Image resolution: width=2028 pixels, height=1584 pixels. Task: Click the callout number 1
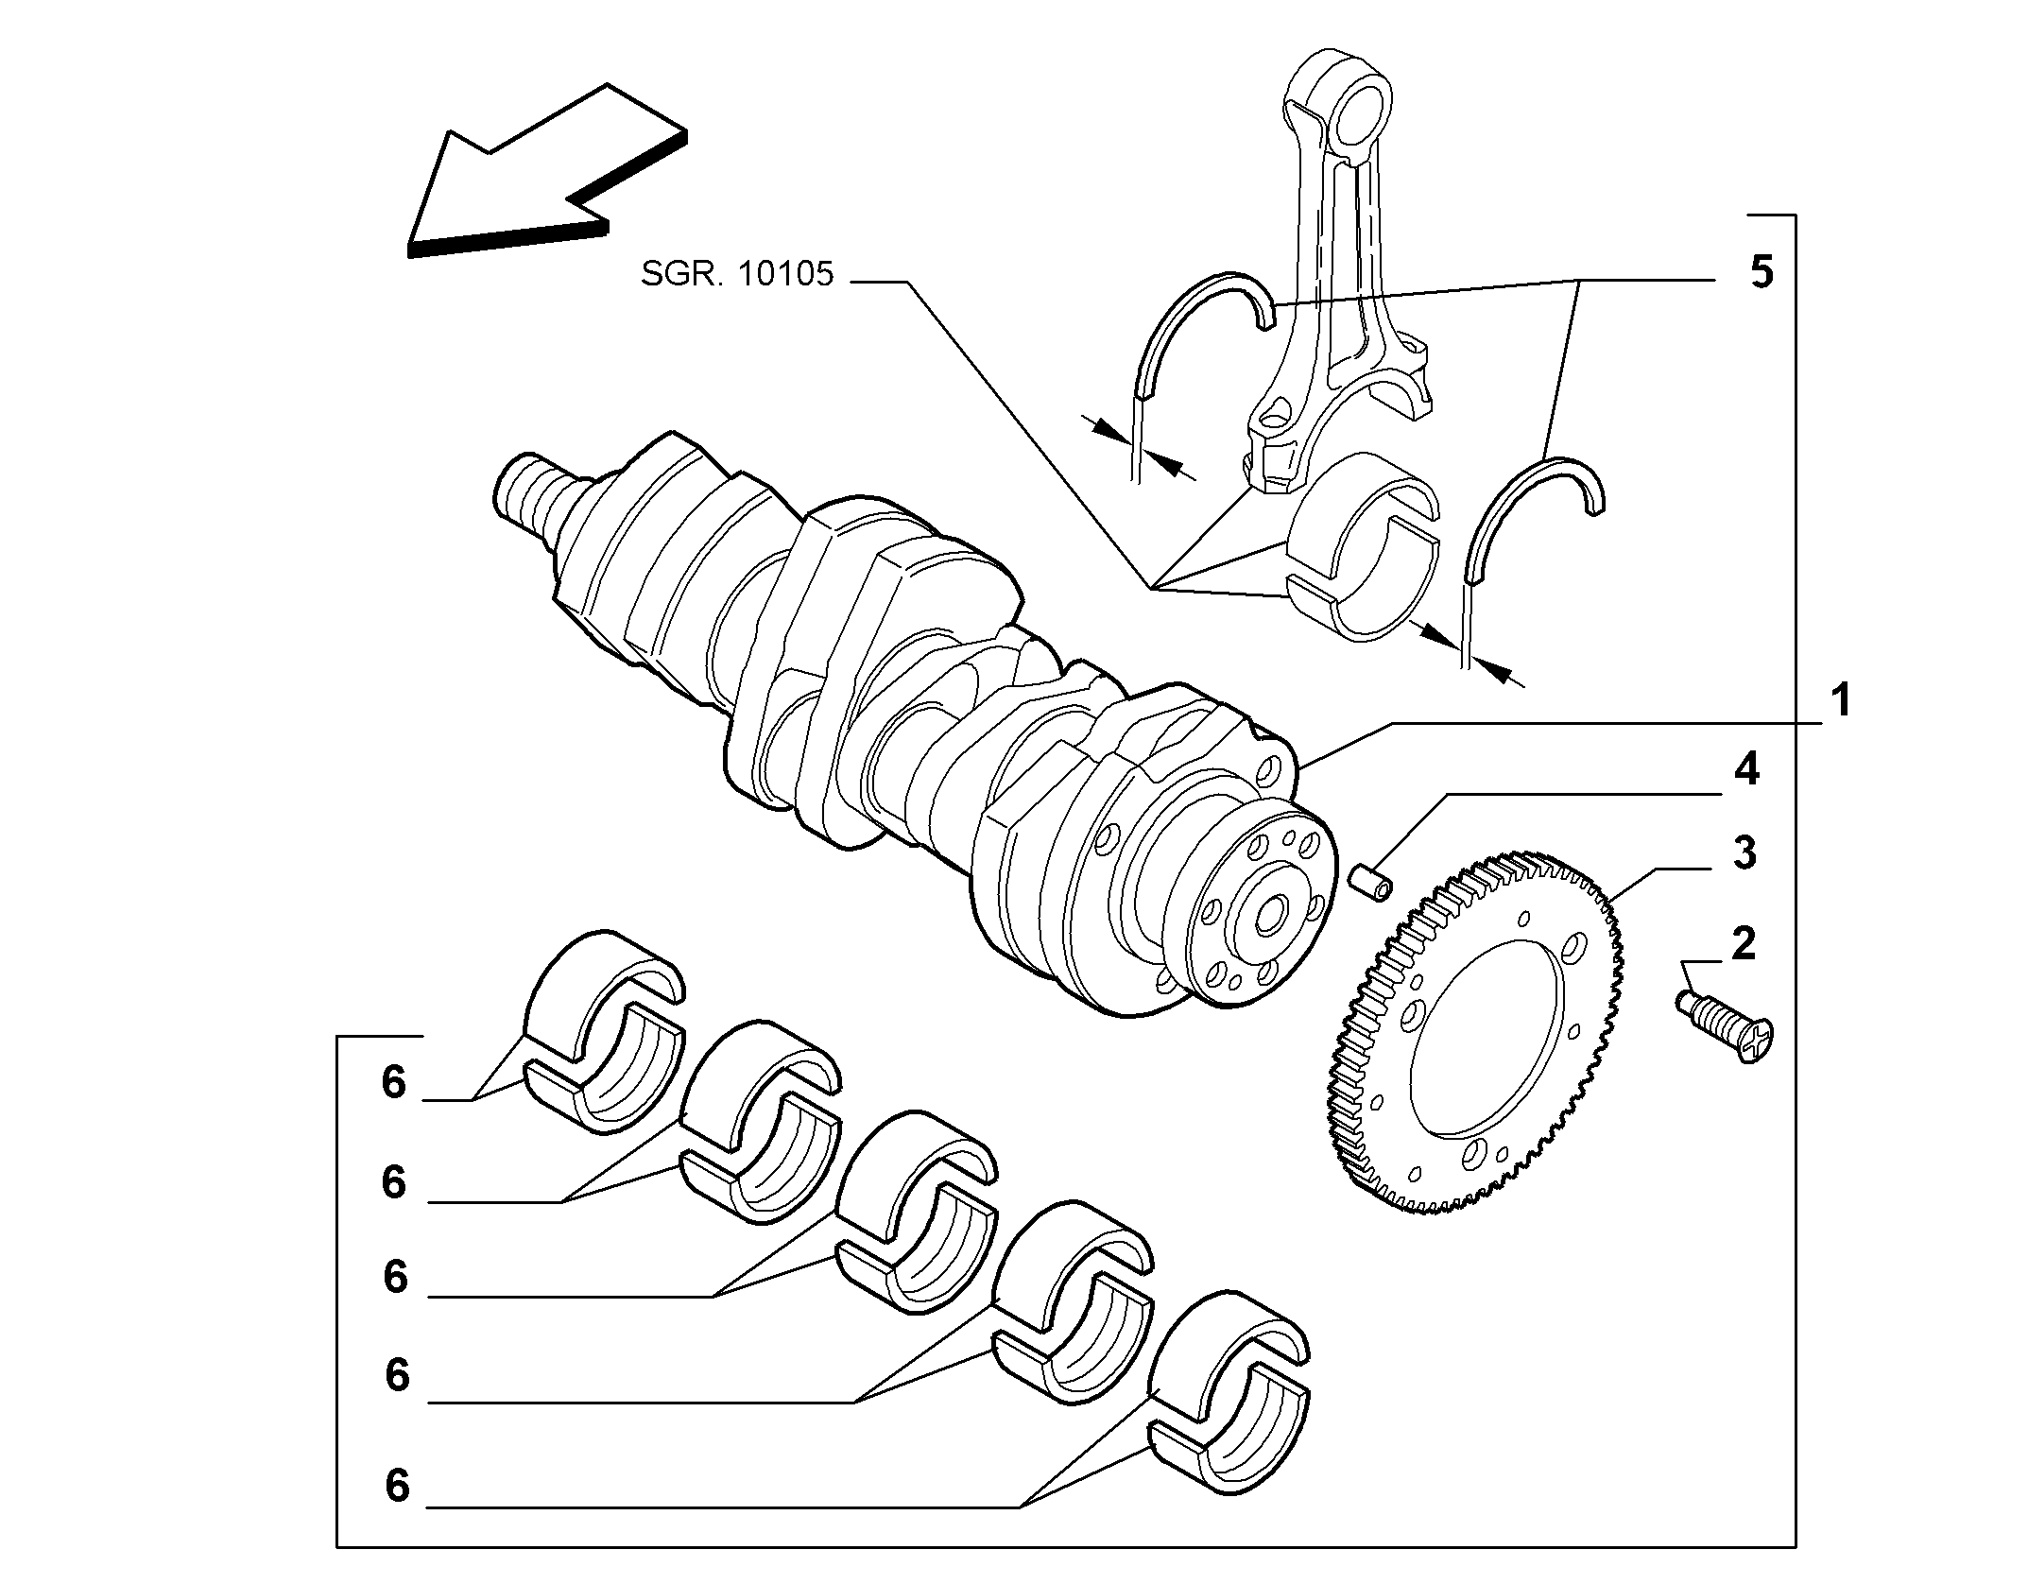pyautogui.click(x=1839, y=702)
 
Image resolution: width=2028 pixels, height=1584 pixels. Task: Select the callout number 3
pyautogui.click(x=1744, y=853)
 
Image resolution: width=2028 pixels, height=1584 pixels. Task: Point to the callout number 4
pyautogui.click(x=1745, y=770)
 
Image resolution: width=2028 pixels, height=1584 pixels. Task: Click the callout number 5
pyautogui.click(x=1761, y=272)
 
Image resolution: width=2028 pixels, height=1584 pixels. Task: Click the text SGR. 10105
pyautogui.click(x=737, y=274)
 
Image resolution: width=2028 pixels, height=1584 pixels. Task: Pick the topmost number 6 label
pyautogui.click(x=394, y=1083)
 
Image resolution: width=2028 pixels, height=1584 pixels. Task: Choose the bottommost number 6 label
pyautogui.click(x=398, y=1487)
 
